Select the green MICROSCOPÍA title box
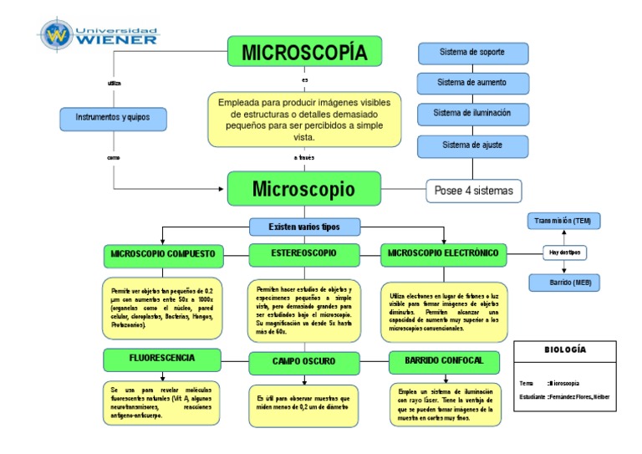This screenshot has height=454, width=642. tap(304, 52)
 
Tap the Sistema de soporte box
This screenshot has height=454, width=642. tap(472, 53)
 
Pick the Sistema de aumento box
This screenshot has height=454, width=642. tap(472, 83)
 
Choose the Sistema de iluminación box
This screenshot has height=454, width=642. tap(472, 113)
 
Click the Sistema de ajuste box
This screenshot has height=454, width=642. tap(472, 145)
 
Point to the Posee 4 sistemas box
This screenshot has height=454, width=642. tap(474, 191)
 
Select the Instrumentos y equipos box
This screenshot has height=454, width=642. tap(113, 118)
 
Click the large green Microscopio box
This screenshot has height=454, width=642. tap(303, 189)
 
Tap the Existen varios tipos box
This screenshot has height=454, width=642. tap(304, 227)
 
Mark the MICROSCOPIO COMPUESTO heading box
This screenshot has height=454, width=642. tap(163, 253)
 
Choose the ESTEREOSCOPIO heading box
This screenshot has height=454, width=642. tap(304, 253)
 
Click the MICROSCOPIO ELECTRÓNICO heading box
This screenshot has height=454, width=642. tap(444, 253)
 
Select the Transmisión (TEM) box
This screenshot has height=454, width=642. tap(563, 221)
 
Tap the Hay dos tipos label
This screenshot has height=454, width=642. tap(564, 253)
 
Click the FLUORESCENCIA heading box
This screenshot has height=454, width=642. tap(162, 359)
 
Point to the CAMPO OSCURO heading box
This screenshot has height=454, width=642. tap(304, 362)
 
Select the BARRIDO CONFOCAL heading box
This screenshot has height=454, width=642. tap(444, 361)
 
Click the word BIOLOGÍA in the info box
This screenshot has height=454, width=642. tap(565, 349)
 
